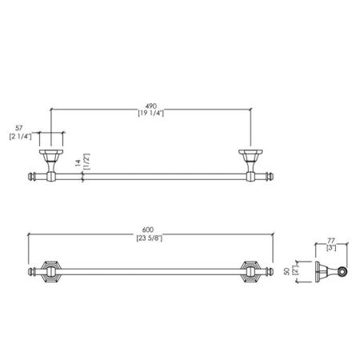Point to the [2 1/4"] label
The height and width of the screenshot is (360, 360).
pyautogui.click(x=20, y=137)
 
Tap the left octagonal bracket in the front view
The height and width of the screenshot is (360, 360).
pyautogui.click(x=50, y=274)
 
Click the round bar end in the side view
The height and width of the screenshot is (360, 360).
pyautogui.click(x=344, y=274)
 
